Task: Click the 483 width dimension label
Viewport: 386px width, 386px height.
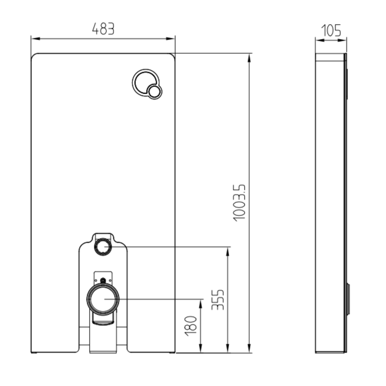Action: pos(103,29)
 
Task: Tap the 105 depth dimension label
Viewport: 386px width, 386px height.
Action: pos(331,30)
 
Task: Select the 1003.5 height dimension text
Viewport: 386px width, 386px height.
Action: pos(239,203)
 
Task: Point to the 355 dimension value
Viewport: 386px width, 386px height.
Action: pos(218,300)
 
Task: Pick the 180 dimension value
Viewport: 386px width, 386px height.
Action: pos(191,326)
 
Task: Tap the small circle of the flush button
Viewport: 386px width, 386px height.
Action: pos(154,92)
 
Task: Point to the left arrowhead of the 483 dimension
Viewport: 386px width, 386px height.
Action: pos(36,39)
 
